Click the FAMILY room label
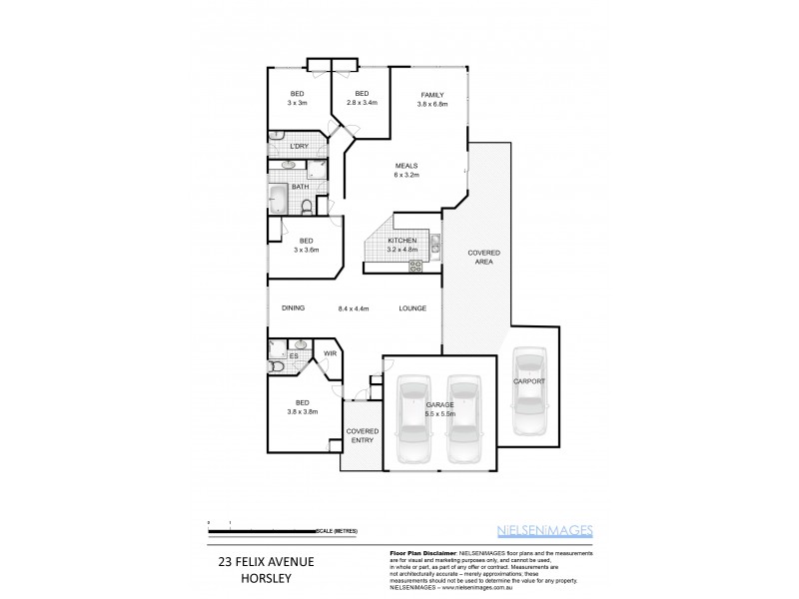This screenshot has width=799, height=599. pyautogui.click(x=432, y=95)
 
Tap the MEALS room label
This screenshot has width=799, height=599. pyautogui.click(x=405, y=166)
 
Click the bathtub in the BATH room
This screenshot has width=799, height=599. pyautogui.click(x=278, y=198)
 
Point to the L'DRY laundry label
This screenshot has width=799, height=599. pyautogui.click(x=298, y=148)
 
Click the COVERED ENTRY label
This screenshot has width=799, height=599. pyautogui.click(x=362, y=435)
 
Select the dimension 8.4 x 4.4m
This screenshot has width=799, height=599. pyautogui.click(x=354, y=308)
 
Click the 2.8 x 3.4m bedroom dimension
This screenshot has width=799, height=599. pyautogui.click(x=362, y=103)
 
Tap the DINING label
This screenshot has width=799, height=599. pyautogui.click(x=293, y=308)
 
